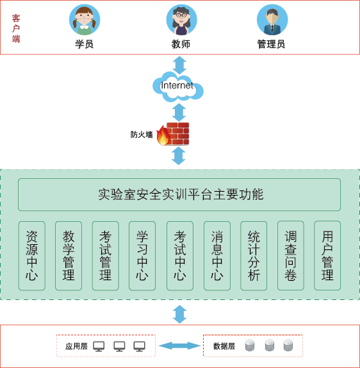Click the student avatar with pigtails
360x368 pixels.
85,20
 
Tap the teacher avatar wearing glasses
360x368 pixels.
181,20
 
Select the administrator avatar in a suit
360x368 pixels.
272,20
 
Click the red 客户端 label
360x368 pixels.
16,28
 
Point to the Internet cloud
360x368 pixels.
178,87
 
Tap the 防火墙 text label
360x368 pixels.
142,135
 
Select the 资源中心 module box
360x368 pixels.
32,256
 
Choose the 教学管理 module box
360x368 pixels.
69,256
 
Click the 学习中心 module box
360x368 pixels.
142,256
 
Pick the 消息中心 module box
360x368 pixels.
217,256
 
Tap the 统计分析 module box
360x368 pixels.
254,256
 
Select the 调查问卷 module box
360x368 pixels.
291,256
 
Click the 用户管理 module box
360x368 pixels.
327,256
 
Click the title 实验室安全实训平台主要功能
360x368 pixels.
181,194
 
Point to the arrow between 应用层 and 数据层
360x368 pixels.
179,346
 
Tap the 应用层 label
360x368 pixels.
76,346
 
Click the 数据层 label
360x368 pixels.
224,346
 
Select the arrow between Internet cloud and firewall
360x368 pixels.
179,112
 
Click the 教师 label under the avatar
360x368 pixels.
181,44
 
